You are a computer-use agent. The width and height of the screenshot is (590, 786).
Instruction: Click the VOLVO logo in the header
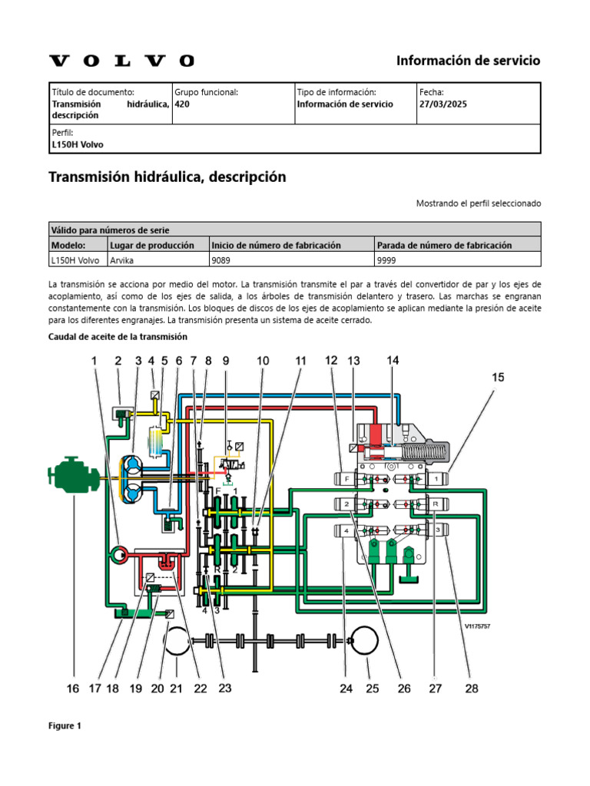pyautogui.click(x=121, y=61)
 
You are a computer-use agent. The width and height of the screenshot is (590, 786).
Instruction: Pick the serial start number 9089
pyautogui.click(x=222, y=259)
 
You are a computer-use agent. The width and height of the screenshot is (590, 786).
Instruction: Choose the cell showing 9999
pyautogui.click(x=386, y=259)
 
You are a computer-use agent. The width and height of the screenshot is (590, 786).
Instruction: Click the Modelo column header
pyautogui.click(x=67, y=244)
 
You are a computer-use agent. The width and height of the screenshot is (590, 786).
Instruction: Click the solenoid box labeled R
pyautogui.click(x=436, y=504)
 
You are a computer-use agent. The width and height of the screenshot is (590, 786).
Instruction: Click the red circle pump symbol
pyautogui.click(x=119, y=553)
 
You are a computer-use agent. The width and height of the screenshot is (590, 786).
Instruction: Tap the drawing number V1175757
pyautogui.click(x=477, y=626)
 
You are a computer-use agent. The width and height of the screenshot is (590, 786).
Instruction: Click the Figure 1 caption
pyautogui.click(x=65, y=725)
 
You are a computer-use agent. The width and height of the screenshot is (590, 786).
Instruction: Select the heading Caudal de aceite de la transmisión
pyautogui.click(x=118, y=336)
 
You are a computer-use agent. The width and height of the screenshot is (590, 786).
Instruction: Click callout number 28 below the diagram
pyautogui.click(x=472, y=689)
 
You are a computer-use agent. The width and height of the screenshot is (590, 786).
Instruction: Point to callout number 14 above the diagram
pyautogui.click(x=393, y=360)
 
